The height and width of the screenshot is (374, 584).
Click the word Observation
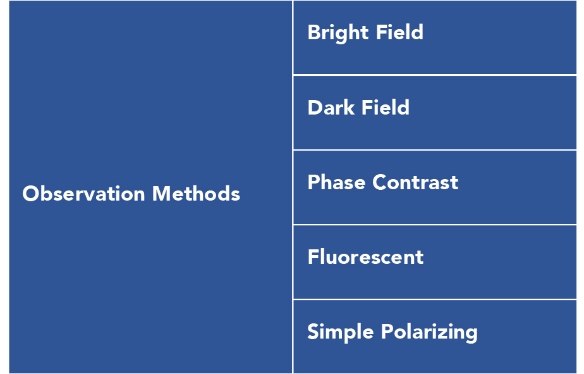pos(83,194)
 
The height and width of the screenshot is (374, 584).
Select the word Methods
pos(197,194)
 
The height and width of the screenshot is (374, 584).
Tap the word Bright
pos(338,33)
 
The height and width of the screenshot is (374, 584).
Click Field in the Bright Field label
pos(399,32)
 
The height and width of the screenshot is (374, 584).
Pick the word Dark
pos(331,108)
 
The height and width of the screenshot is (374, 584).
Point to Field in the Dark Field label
pos(386,107)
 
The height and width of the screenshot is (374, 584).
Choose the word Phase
pos(336,182)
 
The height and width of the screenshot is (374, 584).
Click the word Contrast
pos(415,182)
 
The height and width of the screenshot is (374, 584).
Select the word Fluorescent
pos(366,257)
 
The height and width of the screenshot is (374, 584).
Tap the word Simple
pos(340,332)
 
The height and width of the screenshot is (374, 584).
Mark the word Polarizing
pos(429,332)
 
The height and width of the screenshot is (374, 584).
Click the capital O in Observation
pos(31,194)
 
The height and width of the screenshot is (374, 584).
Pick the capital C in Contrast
pos(380,182)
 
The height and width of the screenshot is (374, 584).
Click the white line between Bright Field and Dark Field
pos(435,75)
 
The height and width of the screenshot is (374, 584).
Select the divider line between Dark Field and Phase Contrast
pos(435,150)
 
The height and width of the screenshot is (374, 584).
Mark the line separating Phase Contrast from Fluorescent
pos(435,225)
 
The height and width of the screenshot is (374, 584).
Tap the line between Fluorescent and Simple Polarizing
pos(435,299)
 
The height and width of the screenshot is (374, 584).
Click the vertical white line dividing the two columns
pos(293,187)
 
